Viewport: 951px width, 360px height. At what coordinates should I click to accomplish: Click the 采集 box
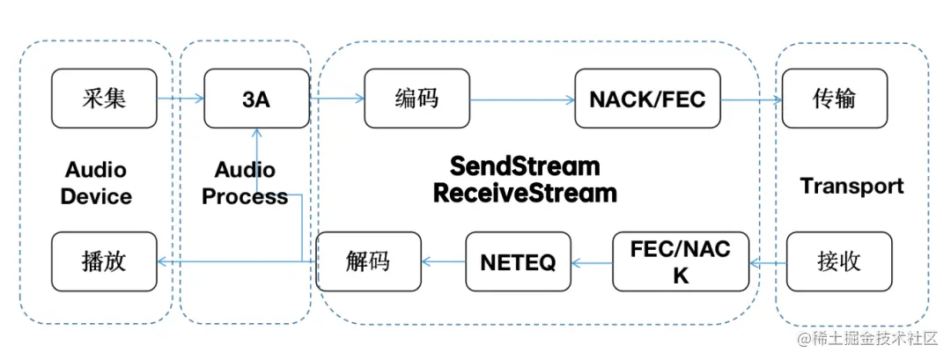coord(104,98)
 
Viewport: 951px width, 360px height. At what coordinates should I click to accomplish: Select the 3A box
coord(256,98)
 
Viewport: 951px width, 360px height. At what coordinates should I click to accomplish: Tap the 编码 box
coord(417,98)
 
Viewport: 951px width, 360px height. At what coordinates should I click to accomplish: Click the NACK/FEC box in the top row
coord(647,99)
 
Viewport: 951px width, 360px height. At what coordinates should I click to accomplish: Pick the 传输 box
coord(834,98)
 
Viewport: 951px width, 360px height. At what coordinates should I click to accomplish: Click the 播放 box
coord(104,261)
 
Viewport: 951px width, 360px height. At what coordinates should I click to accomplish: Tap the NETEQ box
coord(518,261)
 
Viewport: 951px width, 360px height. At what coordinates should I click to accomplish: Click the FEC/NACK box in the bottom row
coord(681,261)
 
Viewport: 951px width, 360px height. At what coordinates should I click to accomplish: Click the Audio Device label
coord(95,183)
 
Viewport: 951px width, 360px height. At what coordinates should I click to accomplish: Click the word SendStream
coord(524,166)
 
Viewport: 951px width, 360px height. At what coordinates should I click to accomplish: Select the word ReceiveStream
coord(524,193)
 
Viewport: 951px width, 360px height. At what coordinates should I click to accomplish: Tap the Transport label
coord(851,187)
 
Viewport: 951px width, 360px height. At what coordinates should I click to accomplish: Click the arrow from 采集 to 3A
coord(181,99)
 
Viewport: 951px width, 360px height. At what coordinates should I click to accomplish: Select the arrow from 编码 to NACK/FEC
coord(522,100)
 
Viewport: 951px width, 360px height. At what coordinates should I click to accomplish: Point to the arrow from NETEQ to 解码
coord(443,261)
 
